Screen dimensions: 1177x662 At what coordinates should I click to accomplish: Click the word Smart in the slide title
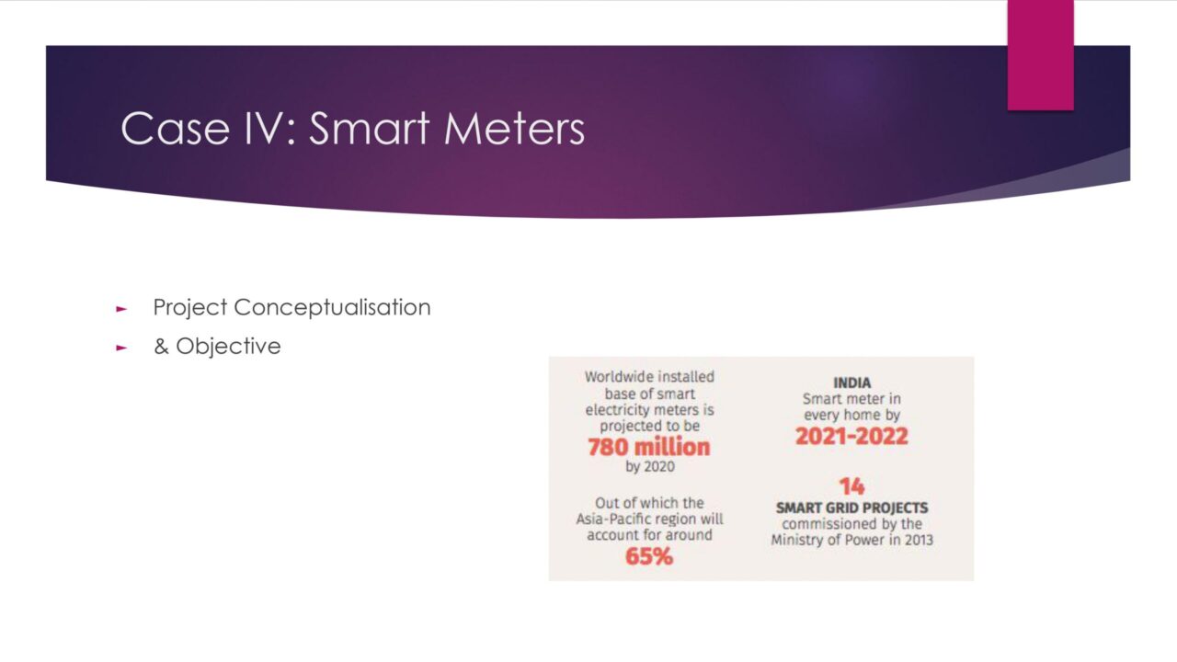click(x=370, y=128)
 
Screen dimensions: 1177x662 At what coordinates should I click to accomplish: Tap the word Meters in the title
click(x=514, y=128)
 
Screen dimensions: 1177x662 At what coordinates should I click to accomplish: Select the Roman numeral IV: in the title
click(x=270, y=128)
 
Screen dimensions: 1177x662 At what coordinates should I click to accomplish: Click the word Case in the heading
click(x=176, y=128)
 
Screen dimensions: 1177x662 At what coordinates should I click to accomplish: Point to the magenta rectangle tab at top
click(x=1040, y=55)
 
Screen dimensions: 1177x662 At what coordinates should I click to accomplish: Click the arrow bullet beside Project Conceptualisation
click(x=121, y=309)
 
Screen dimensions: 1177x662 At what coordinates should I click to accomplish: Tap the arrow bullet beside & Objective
click(x=121, y=348)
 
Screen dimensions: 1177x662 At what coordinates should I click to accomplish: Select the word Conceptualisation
click(x=332, y=307)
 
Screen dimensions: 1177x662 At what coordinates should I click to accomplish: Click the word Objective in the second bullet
click(x=228, y=347)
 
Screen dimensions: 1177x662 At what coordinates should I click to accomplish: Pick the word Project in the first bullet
click(x=190, y=308)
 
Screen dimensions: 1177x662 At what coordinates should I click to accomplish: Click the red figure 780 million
click(x=649, y=447)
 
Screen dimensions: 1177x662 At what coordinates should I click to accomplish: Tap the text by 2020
click(x=650, y=466)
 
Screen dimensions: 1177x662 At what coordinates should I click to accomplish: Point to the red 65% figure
click(x=649, y=556)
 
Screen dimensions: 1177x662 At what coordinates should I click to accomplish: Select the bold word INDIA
click(x=851, y=382)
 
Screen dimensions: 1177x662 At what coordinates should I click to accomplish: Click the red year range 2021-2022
click(x=851, y=436)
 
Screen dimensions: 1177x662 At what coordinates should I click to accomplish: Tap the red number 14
click(x=851, y=486)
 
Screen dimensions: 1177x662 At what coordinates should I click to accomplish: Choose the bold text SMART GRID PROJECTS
click(x=851, y=508)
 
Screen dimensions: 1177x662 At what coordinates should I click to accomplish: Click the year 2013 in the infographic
click(x=919, y=540)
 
